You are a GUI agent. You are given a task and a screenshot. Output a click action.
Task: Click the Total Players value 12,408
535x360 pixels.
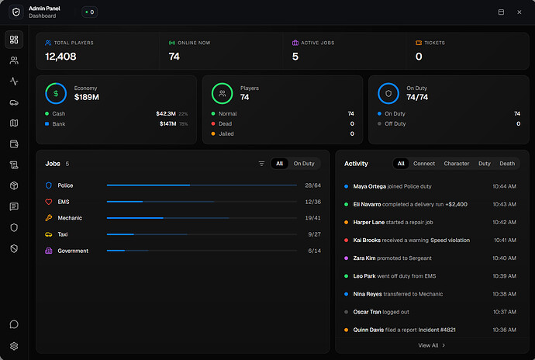coord(60,56)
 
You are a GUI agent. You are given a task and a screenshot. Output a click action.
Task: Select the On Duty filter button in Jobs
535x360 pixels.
coord(304,164)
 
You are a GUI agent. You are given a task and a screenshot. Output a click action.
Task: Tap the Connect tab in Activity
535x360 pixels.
coord(424,164)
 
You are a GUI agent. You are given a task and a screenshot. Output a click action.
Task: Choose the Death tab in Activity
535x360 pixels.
coord(507,164)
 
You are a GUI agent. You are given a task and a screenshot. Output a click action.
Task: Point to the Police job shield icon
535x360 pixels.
coord(49,185)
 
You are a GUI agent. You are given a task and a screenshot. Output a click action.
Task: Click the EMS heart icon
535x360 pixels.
coord(49,202)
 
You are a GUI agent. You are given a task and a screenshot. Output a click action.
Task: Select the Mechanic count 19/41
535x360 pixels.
coord(312,218)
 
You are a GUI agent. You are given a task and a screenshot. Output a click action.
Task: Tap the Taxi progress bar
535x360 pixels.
coord(201,234)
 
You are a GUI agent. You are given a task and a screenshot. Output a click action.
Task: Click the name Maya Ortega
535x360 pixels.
coord(369,186)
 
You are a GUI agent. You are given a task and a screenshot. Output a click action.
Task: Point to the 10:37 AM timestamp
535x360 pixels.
coord(504,312)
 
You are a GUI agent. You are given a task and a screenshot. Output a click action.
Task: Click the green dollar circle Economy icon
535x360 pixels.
coord(56,93)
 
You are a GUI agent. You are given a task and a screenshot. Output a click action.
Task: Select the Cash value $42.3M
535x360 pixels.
coord(165,113)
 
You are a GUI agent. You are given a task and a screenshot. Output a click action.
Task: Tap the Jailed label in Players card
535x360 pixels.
coord(227,133)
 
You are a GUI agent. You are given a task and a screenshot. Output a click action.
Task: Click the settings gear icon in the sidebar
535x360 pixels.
coord(13,346)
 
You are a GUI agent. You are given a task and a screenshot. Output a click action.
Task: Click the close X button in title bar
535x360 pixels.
coord(522,12)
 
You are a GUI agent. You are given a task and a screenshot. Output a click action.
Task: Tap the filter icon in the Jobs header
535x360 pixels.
coord(261,164)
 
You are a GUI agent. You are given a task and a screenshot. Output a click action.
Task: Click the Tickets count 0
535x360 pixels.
coord(419,56)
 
